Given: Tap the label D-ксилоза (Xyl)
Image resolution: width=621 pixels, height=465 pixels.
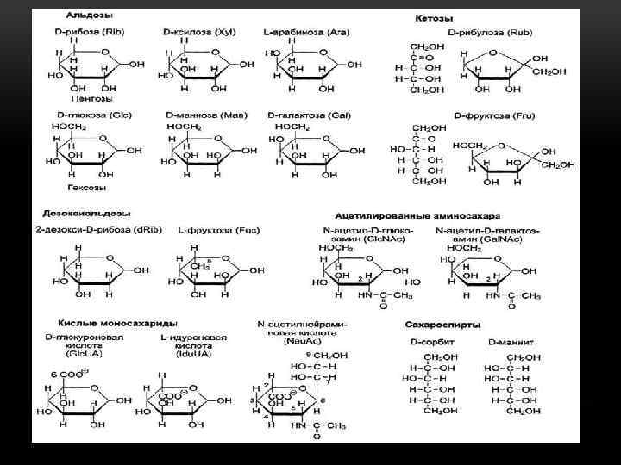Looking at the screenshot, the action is pyautogui.click(x=195, y=31).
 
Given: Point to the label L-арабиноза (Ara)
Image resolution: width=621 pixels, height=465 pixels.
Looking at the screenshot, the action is pyautogui.click(x=306, y=31).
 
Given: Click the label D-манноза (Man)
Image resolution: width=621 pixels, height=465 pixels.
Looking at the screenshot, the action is pyautogui.click(x=198, y=114).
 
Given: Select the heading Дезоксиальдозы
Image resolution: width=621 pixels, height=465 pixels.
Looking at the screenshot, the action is pyautogui.click(x=84, y=212).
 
